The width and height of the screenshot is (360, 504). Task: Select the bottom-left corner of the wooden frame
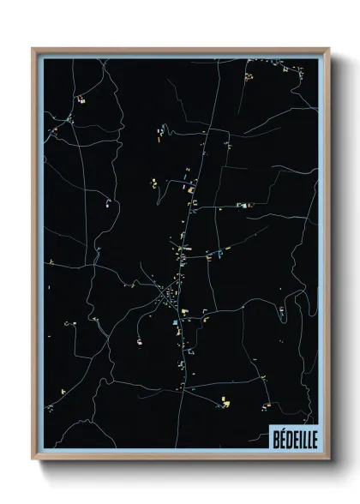33,459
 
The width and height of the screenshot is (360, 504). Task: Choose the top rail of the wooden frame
180,50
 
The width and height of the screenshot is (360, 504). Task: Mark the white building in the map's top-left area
82,100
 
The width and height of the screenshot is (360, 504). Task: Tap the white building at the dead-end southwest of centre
138,341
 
